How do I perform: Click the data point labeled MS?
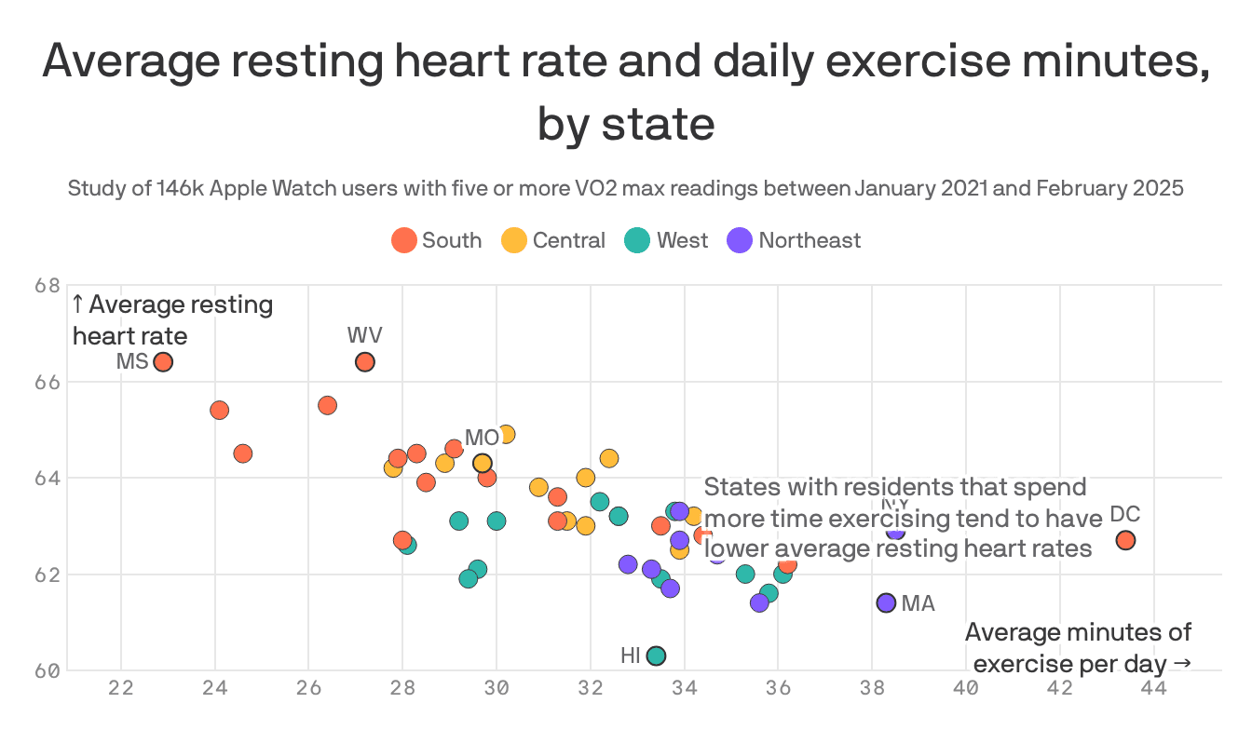click(x=163, y=362)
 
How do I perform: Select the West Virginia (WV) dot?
click(x=365, y=362)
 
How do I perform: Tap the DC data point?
click(x=1125, y=540)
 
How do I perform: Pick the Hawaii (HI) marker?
click(x=656, y=656)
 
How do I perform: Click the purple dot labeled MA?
click(x=886, y=602)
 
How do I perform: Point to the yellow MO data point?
click(x=482, y=463)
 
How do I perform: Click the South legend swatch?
click(x=403, y=240)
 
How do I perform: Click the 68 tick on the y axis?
click(x=48, y=286)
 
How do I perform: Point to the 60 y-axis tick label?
click(x=48, y=670)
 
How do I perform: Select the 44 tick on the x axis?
click(x=1154, y=689)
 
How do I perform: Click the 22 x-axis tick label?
click(x=121, y=689)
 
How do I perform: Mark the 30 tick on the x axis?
click(x=497, y=689)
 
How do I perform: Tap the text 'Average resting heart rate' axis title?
click(x=172, y=319)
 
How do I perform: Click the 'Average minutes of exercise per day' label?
click(x=1079, y=648)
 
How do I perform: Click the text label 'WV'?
click(x=364, y=335)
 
